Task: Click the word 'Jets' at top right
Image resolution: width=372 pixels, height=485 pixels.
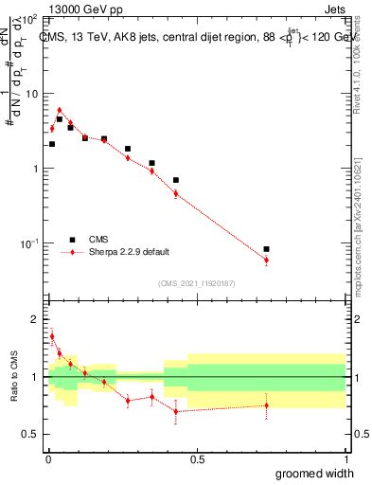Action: pyautogui.click(x=334, y=9)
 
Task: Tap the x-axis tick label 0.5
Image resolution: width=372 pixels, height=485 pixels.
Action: pyautogui.click(x=197, y=459)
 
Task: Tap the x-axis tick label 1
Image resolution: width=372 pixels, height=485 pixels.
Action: pyautogui.click(x=345, y=459)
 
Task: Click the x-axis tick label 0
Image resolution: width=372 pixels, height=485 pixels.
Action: pyautogui.click(x=48, y=459)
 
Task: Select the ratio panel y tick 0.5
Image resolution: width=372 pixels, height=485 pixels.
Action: pyautogui.click(x=31, y=434)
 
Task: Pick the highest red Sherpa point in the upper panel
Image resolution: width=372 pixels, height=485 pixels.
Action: pyautogui.click(x=59, y=110)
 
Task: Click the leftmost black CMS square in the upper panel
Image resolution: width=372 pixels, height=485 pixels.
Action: pyautogui.click(x=52, y=144)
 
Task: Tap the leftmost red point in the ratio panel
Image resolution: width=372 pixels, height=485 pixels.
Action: pyautogui.click(x=52, y=336)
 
